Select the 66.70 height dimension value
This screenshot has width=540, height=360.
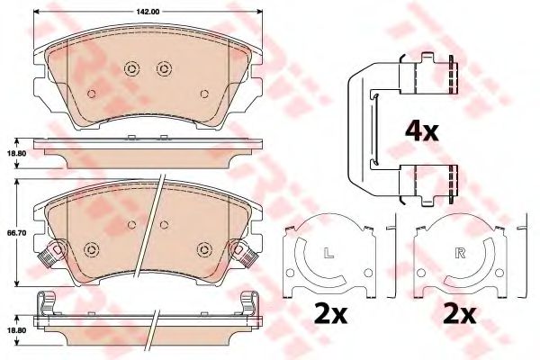[x=15, y=233]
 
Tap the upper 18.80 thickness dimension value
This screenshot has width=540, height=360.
[x=15, y=153]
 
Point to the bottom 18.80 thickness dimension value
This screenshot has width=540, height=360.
[x=15, y=329]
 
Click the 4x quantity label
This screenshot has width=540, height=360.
[x=422, y=131]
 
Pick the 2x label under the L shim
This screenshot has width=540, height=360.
[x=330, y=313]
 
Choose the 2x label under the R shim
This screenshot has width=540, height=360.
[x=460, y=313]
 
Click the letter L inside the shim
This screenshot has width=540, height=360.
[x=329, y=254]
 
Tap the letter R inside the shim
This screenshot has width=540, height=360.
[x=460, y=254]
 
